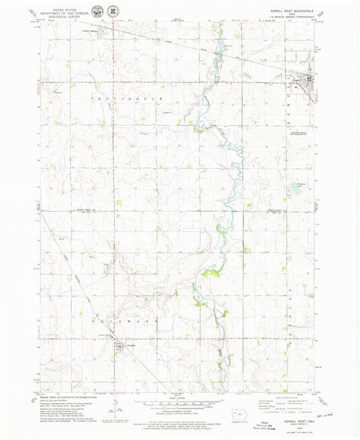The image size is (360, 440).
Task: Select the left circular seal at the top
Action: click(99, 12)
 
